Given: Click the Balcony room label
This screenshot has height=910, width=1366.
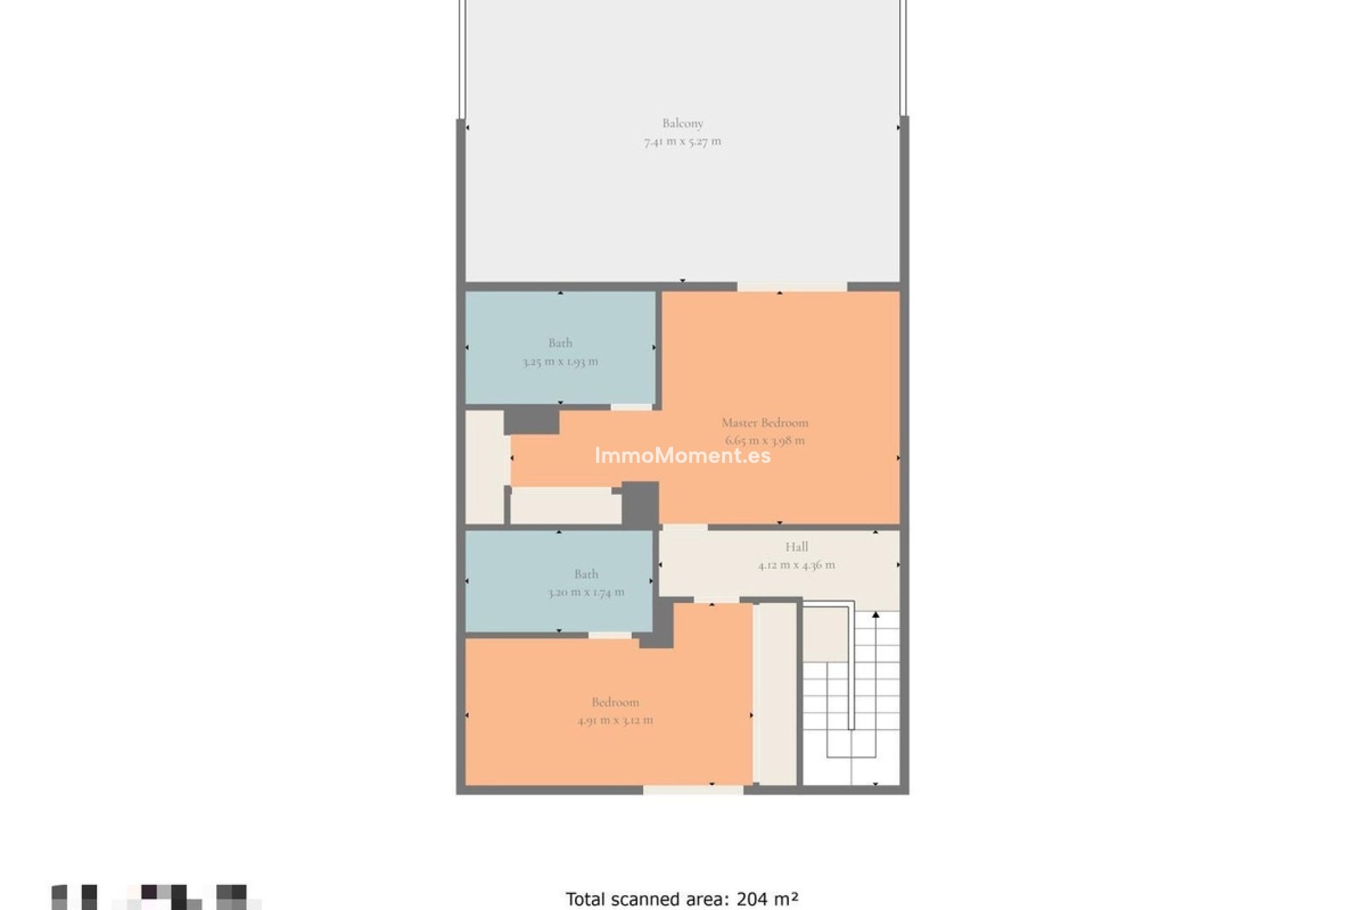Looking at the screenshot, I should tap(682, 123).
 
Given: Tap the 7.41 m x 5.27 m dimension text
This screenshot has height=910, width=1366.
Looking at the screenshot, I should tap(682, 141).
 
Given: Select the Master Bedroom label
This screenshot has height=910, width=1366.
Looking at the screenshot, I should tap(765, 422).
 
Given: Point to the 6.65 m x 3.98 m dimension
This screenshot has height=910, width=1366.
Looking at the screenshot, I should tap(765, 441).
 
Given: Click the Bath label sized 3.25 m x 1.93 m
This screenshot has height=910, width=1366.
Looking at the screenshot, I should tap(560, 343).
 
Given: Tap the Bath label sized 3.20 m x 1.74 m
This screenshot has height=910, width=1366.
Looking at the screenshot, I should tap(586, 574).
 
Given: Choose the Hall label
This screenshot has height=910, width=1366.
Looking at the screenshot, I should tap(796, 547).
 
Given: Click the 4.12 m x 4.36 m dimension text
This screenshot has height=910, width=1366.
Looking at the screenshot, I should tap(796, 565).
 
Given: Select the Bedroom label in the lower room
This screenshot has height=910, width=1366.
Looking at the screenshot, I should tap(615, 702).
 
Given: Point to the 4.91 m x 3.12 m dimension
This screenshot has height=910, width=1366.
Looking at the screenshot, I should tap(615, 720).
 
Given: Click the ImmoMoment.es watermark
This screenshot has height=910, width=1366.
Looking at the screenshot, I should tap(682, 456).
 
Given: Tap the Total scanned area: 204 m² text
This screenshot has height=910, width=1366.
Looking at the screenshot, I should tap(682, 899).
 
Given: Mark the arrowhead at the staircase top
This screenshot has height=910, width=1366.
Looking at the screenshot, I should tap(876, 614).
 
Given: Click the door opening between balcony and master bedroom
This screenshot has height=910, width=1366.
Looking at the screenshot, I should tap(792, 287).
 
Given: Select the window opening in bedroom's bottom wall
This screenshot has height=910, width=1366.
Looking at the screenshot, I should tap(693, 790).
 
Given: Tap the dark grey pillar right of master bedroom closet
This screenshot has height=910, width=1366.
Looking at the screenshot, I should tap(640, 503).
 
